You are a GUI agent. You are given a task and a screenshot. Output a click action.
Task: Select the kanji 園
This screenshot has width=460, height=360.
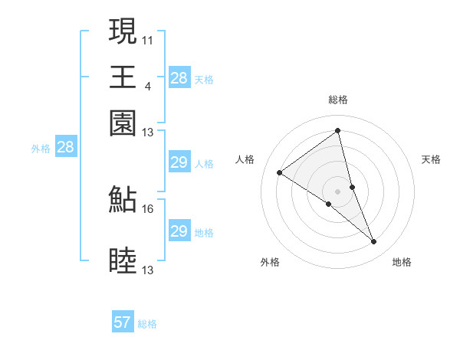pyautogui.click(x=123, y=123)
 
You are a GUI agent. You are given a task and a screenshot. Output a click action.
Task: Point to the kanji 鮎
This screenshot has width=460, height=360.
pyautogui.click(x=123, y=200)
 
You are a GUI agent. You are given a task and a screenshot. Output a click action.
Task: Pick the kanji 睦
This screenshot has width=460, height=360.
pyautogui.click(x=123, y=261)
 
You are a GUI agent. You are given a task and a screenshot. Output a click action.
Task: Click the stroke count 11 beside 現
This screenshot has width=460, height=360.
pyautogui.click(x=148, y=39)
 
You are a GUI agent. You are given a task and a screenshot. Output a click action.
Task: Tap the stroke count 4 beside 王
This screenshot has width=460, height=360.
pyautogui.click(x=148, y=85)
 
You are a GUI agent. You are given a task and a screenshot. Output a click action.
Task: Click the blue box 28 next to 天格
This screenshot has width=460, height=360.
pyautogui.click(x=179, y=77)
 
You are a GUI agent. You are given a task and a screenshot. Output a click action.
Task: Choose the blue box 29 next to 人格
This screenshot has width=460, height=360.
pyautogui.click(x=179, y=162)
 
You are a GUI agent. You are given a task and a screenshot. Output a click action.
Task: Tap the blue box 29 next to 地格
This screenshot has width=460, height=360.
pyautogui.click(x=179, y=231)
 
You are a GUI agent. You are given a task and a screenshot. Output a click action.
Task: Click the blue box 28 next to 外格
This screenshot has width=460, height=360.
pyautogui.click(x=65, y=148)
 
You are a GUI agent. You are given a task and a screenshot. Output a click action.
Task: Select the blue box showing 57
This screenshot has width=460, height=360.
pyautogui.click(x=123, y=322)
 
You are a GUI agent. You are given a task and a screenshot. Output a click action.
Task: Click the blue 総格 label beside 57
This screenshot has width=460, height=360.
pyautogui.click(x=147, y=324)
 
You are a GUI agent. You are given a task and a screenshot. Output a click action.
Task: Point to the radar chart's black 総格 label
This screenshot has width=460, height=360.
pyautogui.click(x=337, y=100)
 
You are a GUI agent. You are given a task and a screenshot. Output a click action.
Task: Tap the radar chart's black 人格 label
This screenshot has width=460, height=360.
pyautogui.click(x=245, y=159)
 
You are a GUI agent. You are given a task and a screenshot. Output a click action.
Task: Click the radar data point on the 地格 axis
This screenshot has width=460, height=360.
pyautogui.click(x=374, y=242)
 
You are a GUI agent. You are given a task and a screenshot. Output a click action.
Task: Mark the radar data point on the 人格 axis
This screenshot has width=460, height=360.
pyautogui.click(x=280, y=172)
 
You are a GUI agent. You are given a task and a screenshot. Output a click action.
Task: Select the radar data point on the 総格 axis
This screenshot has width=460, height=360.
pyautogui.click(x=337, y=130)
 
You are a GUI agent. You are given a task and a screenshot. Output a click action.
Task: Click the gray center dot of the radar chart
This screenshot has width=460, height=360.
pyautogui.click(x=337, y=191)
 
